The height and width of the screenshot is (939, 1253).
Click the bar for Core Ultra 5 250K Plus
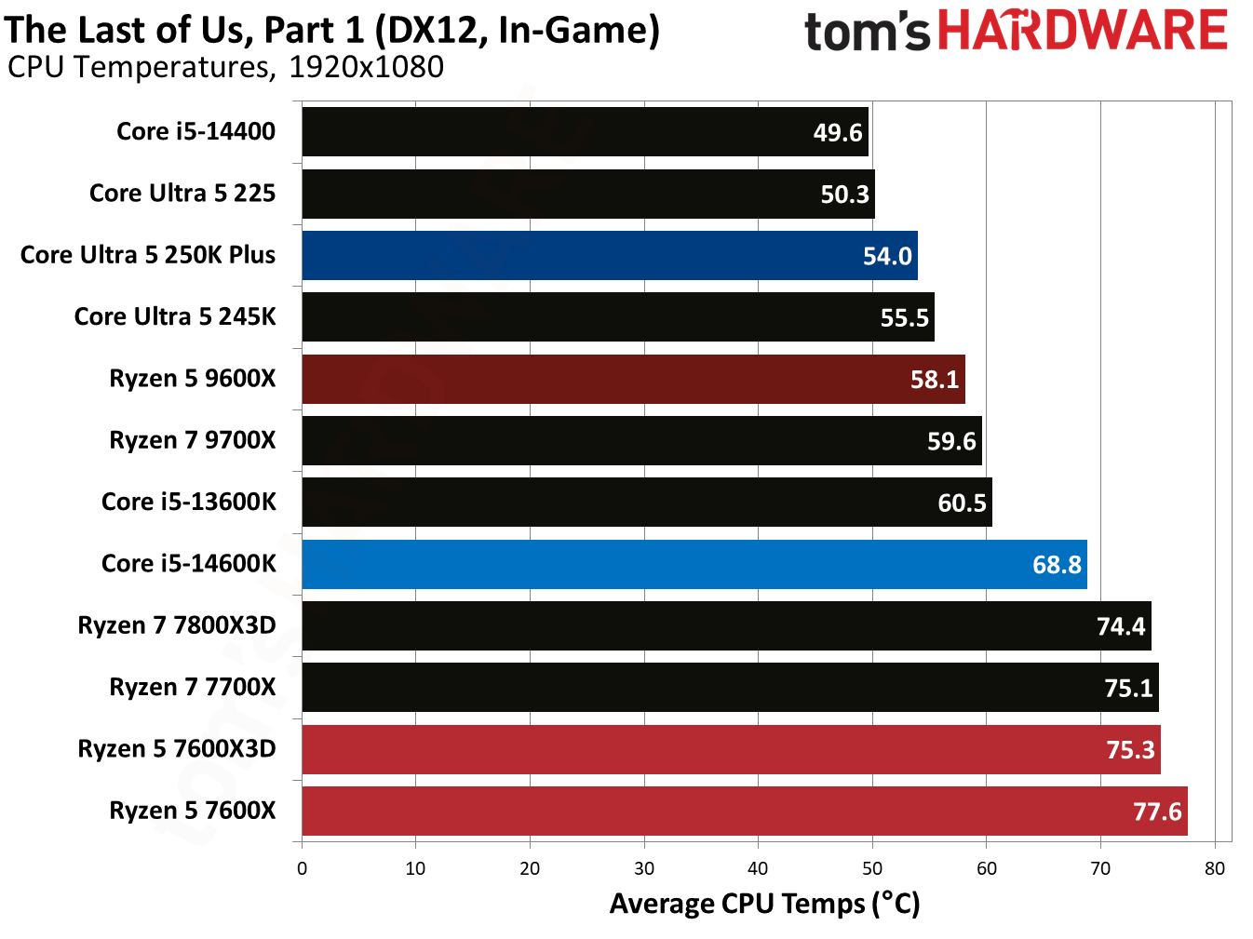pyautogui.click(x=610, y=255)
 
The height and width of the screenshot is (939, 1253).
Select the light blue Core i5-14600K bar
pyautogui.click(x=694, y=564)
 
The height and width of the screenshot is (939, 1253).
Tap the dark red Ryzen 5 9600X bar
pyautogui.click(x=633, y=379)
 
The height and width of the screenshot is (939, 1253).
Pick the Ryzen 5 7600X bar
pyautogui.click(x=745, y=811)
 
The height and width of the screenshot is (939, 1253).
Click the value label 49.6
pyautogui.click(x=838, y=133)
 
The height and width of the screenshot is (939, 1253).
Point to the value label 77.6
pyautogui.click(x=1157, y=812)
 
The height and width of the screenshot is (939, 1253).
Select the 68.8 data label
pyautogui.click(x=1057, y=565)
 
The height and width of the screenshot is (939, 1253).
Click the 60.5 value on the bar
pyautogui.click(x=962, y=503)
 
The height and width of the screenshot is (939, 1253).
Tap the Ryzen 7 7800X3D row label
pyautogui.click(x=177, y=625)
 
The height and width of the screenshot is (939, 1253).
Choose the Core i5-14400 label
pyautogui.click(x=195, y=131)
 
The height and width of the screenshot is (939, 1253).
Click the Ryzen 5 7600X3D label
pyautogui.click(x=177, y=749)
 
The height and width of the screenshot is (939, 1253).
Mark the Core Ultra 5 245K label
pyautogui.click(x=175, y=316)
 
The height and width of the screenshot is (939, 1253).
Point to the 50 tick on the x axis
pyautogui.click(x=872, y=868)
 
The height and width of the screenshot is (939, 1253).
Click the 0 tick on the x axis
pyautogui.click(x=302, y=868)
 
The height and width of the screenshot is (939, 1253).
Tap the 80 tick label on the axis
pyautogui.click(x=1215, y=868)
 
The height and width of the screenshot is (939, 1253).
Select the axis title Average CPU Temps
pyautogui.click(x=764, y=904)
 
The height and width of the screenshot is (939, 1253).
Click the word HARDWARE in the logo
pyautogui.click(x=1083, y=31)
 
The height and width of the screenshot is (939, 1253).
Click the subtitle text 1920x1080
pyautogui.click(x=366, y=67)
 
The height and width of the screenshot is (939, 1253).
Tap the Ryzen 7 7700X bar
pyautogui.click(x=731, y=688)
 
